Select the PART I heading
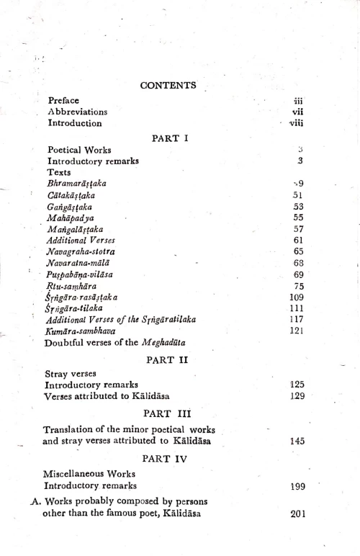170,138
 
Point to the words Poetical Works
79,150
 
